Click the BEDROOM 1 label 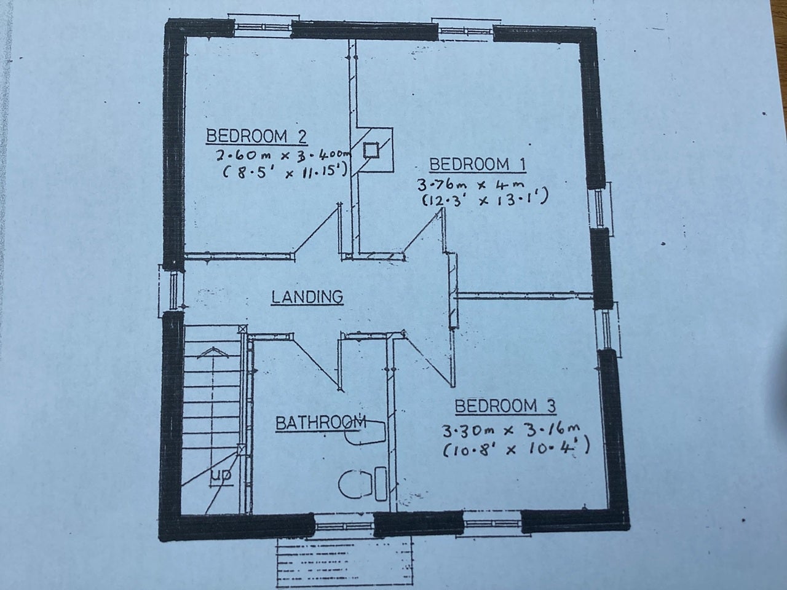click(x=477, y=165)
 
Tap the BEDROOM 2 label click(x=256, y=136)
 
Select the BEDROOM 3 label click(x=505, y=406)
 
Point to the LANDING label click(x=307, y=297)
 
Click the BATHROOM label click(x=320, y=423)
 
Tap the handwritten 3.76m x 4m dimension click(x=470, y=185)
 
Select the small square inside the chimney click(x=371, y=150)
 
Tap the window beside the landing click(x=173, y=290)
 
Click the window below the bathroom click(x=344, y=526)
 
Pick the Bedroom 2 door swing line click(x=316, y=230)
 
